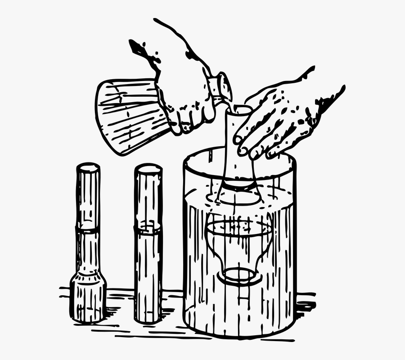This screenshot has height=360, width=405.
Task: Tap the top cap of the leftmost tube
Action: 88,168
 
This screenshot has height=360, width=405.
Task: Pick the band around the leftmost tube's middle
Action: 88,230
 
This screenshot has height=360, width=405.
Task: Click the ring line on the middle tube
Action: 148,229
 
